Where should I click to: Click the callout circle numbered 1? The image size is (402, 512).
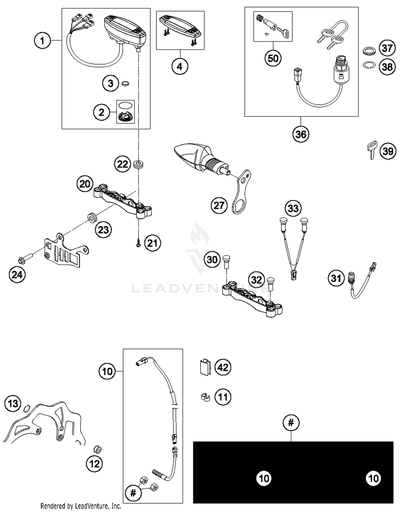coord(42,41)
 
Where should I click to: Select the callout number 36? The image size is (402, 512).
coord(300,134)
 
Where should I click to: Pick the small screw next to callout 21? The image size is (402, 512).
coord(138,244)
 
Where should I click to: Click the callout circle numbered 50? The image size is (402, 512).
coord(273,58)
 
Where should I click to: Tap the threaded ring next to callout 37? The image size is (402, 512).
coord(369,51)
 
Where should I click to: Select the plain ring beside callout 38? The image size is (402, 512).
coord(369,65)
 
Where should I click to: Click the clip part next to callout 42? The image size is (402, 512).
coord(205,367)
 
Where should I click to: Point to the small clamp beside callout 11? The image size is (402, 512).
coord(205,397)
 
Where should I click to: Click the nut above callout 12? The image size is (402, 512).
coord(98,449)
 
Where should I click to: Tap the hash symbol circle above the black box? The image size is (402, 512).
coord(291,423)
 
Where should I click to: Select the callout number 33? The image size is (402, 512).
coord(293,208)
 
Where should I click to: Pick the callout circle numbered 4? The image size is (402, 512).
coord(180,66)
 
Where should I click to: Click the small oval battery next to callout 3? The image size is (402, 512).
coord(125,84)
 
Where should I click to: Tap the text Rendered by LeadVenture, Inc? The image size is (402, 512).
coord(81,506)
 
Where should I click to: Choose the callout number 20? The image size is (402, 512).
coord(85,184)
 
